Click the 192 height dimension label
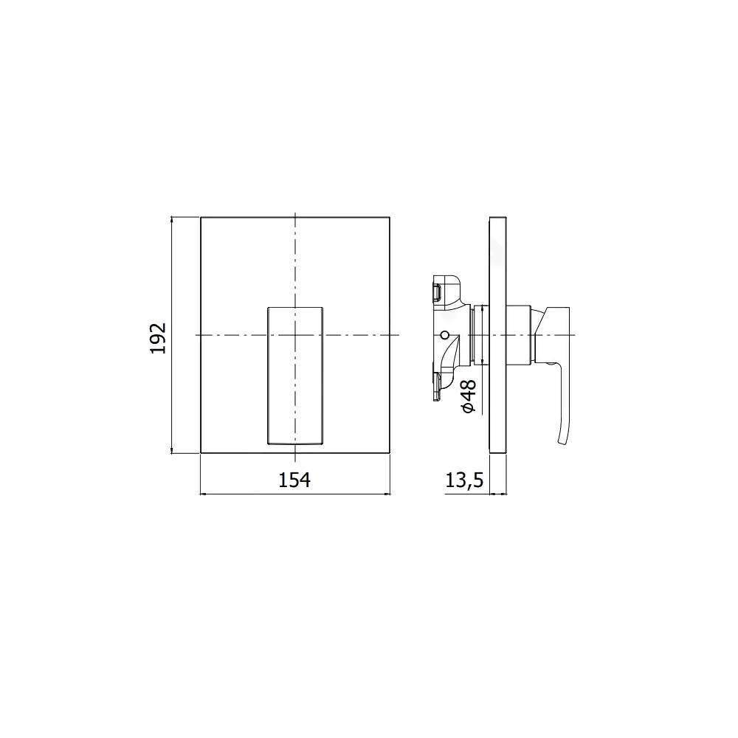160,337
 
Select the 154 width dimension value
294,480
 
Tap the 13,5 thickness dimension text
464,481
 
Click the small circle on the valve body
444,335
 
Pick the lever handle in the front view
294,375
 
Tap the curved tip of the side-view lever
562,440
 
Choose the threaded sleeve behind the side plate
478,335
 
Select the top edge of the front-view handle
294,305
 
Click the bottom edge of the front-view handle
294,444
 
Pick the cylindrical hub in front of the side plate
520,335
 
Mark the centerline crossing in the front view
294,335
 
